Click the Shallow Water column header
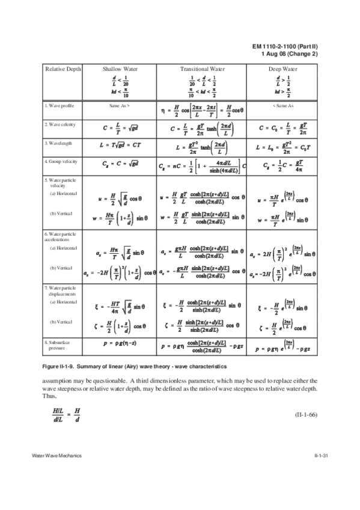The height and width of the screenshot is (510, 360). [120, 69]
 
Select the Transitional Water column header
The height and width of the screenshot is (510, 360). [202, 69]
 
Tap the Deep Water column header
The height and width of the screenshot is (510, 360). [282, 69]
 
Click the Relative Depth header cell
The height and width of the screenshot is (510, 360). [63, 69]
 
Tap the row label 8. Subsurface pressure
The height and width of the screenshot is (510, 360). [59, 345]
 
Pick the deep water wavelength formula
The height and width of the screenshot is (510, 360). [282, 147]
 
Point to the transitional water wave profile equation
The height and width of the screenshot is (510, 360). [202, 109]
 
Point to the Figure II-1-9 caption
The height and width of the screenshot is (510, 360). [126, 366]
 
